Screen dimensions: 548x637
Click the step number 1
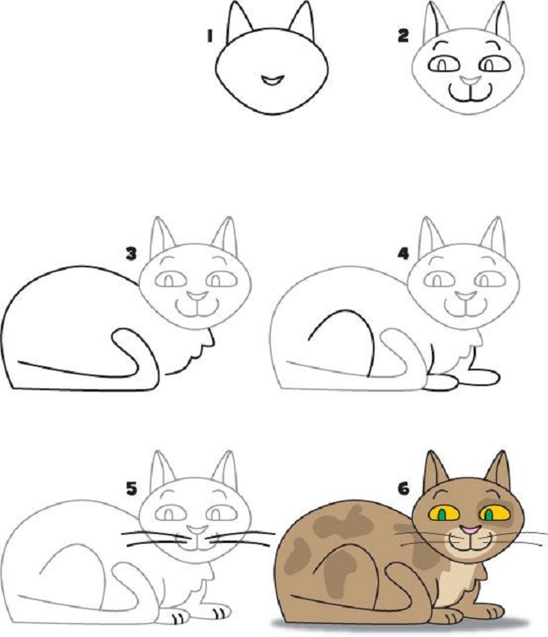point(209,36)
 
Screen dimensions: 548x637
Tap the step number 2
point(403,36)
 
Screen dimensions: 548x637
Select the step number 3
point(131,254)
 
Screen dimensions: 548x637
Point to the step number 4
point(403,254)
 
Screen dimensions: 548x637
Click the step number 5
point(132,489)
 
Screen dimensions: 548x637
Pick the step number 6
point(403,489)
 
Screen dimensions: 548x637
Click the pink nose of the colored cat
point(470,530)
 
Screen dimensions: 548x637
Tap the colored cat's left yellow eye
point(444,514)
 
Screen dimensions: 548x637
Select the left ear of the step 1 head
point(239,21)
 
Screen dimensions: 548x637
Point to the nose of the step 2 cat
point(471,79)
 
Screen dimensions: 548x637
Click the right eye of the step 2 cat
point(495,64)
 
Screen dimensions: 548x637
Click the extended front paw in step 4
point(483,377)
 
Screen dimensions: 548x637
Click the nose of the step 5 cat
point(198,530)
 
